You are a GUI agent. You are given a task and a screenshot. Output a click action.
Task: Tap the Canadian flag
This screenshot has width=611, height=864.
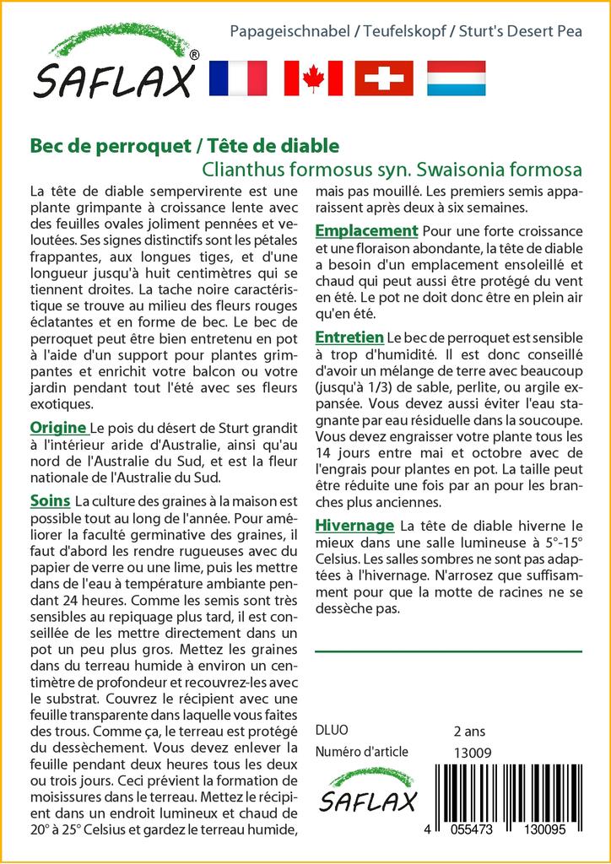point(313,78)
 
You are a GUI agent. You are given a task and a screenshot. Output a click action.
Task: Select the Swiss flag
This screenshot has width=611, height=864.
point(384,78)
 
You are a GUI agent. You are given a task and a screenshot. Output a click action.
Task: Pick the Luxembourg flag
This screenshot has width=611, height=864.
point(456,78)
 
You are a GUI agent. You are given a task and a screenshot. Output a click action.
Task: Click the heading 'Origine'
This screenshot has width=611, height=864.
point(58,427)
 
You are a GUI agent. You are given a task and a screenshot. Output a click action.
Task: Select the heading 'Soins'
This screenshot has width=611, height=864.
point(50,501)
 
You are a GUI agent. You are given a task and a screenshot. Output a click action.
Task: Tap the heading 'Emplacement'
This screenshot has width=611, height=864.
point(366,230)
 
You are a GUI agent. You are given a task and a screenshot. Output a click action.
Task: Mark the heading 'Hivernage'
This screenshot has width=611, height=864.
point(354,526)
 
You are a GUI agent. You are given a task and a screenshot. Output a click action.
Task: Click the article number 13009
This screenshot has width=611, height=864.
point(473,753)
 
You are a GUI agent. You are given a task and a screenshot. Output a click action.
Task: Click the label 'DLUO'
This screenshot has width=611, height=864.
point(331,730)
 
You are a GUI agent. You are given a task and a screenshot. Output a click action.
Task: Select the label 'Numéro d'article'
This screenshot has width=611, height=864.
point(361,752)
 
